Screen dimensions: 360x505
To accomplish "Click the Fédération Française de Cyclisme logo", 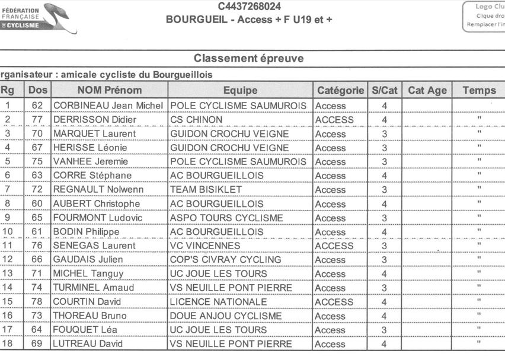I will point(37,18).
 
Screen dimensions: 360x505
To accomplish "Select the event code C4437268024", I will point(249,7).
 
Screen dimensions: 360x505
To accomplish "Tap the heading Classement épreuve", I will point(248,59).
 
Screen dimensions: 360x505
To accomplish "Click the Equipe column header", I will point(240,90).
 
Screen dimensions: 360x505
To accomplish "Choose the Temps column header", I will point(478,90).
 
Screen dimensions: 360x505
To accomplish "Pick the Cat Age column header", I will point(427,90).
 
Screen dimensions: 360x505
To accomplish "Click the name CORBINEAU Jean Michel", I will point(109,106).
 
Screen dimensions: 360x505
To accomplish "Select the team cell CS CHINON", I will point(196,120).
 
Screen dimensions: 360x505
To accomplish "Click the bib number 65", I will point(37,218).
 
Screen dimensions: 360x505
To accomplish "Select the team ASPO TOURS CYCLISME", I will point(226,218).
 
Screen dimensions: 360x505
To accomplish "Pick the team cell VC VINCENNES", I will point(205,246).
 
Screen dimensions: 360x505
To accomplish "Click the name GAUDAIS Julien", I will point(88,260).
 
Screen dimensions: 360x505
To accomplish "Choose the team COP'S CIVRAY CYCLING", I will point(225,260).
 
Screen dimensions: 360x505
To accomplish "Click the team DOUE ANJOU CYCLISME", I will point(226,316).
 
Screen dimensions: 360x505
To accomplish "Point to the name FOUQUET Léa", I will point(85,330).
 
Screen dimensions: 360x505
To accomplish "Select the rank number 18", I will point(8,344).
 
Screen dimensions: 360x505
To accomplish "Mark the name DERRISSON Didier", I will point(95,120).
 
